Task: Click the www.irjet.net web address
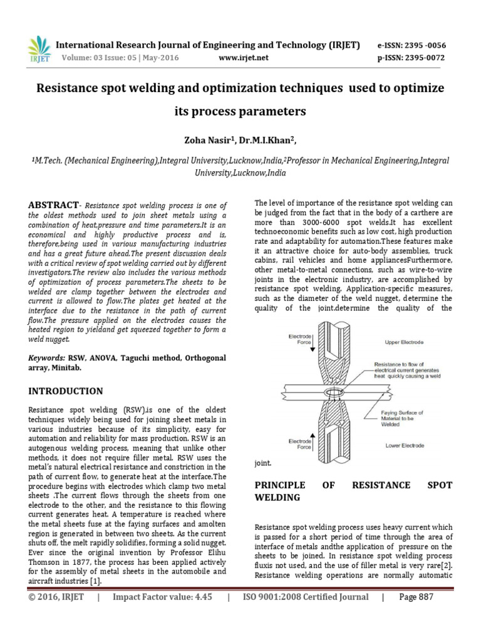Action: click(x=244, y=58)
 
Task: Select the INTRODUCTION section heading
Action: click(x=66, y=391)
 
